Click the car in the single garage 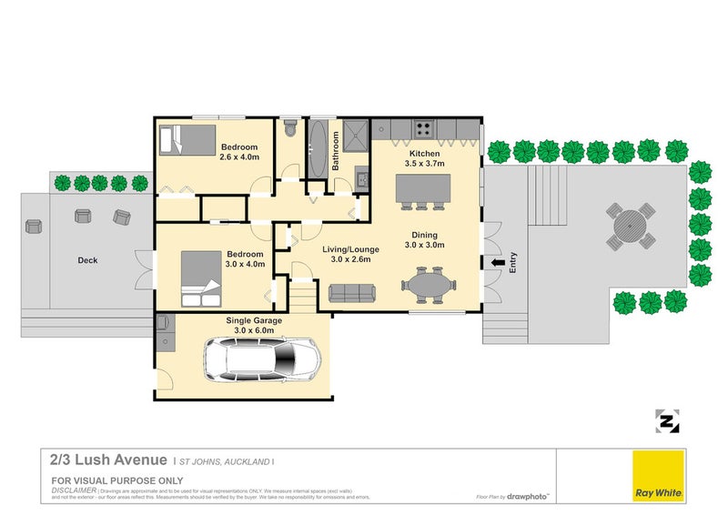click(x=262, y=359)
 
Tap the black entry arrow click(x=497, y=264)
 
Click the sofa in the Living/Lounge click(x=351, y=292)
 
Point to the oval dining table click(x=426, y=285)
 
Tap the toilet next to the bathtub click(x=289, y=129)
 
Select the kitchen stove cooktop click(x=423, y=127)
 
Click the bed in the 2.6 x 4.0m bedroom click(x=184, y=139)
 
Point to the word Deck click(x=87, y=260)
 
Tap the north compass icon click(x=668, y=421)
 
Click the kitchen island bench click(x=424, y=188)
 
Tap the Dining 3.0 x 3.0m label click(x=424, y=239)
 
